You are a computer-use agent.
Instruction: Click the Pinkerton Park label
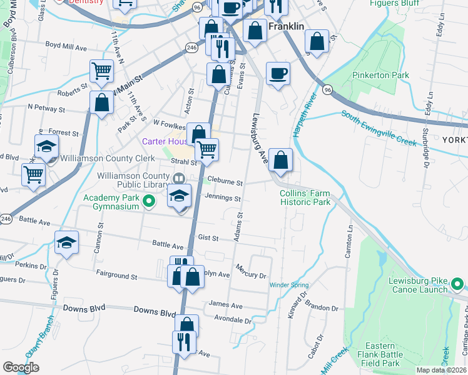coord(380,76)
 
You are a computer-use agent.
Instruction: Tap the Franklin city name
coord(286,27)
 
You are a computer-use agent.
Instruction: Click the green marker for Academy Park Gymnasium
coord(149,201)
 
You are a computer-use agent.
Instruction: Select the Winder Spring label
coord(289,286)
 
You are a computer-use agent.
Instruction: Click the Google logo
coord(21,367)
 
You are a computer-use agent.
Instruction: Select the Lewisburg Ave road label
coord(260,139)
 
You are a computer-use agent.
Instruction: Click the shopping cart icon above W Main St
coord(101,70)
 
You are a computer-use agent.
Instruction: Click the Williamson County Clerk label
coord(100,159)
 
